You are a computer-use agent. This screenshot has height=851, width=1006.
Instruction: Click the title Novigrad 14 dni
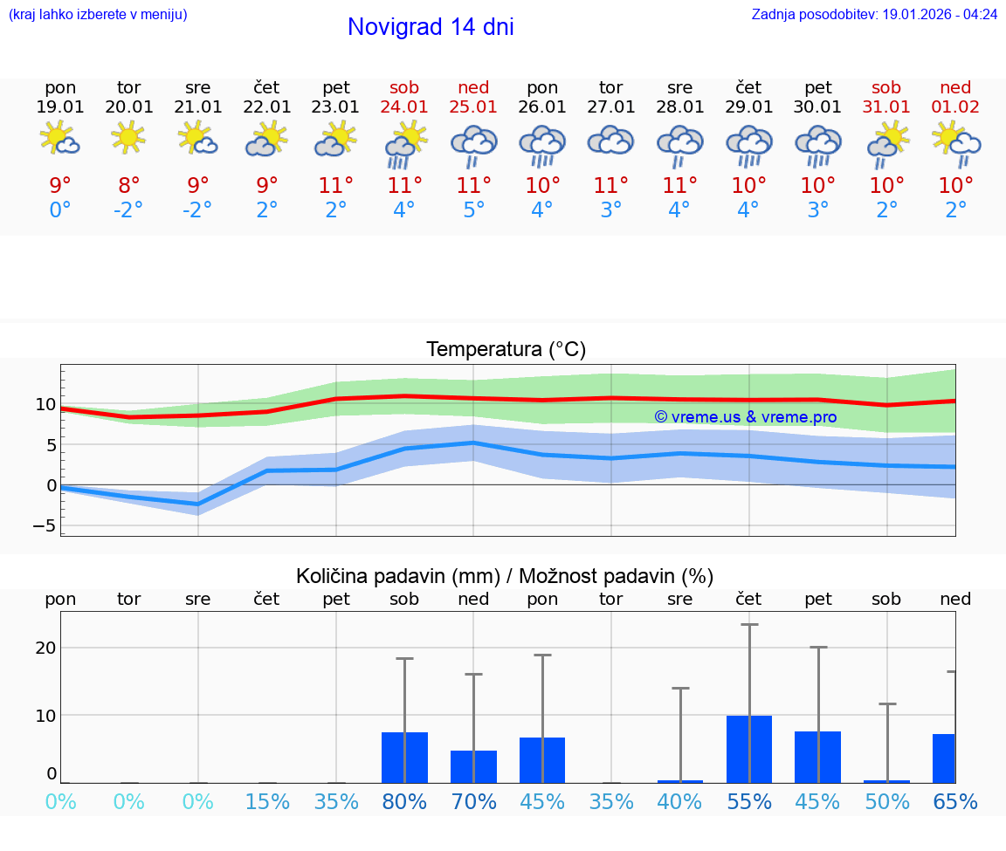pyautogui.click(x=431, y=27)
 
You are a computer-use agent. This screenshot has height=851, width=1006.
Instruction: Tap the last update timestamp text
pyautogui.click(x=874, y=14)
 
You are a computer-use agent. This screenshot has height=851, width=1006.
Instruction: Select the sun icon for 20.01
pyautogui.click(x=128, y=137)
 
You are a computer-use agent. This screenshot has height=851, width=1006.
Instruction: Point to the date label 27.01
pyautogui.click(x=610, y=106)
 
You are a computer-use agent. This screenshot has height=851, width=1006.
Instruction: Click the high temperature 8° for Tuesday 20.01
pyautogui.click(x=128, y=186)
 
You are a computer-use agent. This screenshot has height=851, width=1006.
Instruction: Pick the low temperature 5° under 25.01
pyautogui.click(x=473, y=210)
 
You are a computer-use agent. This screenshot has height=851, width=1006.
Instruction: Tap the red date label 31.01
pyautogui.click(x=887, y=106)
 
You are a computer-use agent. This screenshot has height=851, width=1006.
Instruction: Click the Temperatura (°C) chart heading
pyautogui.click(x=506, y=350)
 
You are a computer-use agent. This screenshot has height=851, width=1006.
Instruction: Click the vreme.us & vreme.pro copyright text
pyautogui.click(x=745, y=417)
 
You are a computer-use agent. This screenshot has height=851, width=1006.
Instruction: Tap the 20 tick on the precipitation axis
pyautogui.click(x=45, y=648)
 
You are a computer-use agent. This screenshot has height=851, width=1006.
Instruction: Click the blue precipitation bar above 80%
pyautogui.click(x=404, y=758)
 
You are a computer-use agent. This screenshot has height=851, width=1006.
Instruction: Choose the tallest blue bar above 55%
pyautogui.click(x=748, y=749)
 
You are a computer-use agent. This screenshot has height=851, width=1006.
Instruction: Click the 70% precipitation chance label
pyautogui.click(x=473, y=801)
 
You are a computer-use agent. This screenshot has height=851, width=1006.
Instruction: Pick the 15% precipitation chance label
pyautogui.click(x=267, y=801)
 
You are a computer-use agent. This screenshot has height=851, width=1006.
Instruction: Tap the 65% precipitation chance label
pyautogui.click(x=955, y=801)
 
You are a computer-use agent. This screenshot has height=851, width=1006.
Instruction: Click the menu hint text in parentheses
pyautogui.click(x=98, y=14)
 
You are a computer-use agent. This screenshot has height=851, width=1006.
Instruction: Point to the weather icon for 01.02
pyautogui.click(x=955, y=143)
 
